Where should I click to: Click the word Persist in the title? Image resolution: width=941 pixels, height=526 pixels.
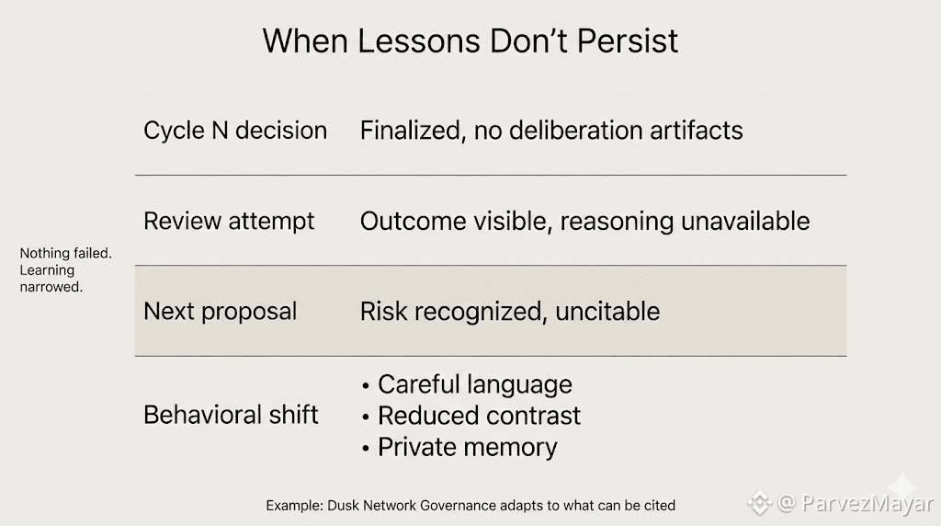coord(628,40)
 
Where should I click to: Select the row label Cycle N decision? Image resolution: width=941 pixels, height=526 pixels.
coord(235,131)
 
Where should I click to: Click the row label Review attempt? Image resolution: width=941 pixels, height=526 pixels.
coord(229,221)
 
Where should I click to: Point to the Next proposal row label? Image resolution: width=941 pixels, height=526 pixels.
coord(221,311)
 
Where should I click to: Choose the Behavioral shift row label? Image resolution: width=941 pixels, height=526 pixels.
coord(231,415)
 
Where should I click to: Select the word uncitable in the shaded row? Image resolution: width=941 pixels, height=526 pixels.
coord(607,311)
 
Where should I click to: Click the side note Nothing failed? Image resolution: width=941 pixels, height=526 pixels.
coord(65,254)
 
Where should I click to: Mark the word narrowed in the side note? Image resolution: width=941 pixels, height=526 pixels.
coord(51,287)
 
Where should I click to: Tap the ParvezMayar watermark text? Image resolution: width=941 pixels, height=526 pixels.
coord(867,503)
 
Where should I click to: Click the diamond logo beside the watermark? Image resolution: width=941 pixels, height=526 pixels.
coord(760,503)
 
